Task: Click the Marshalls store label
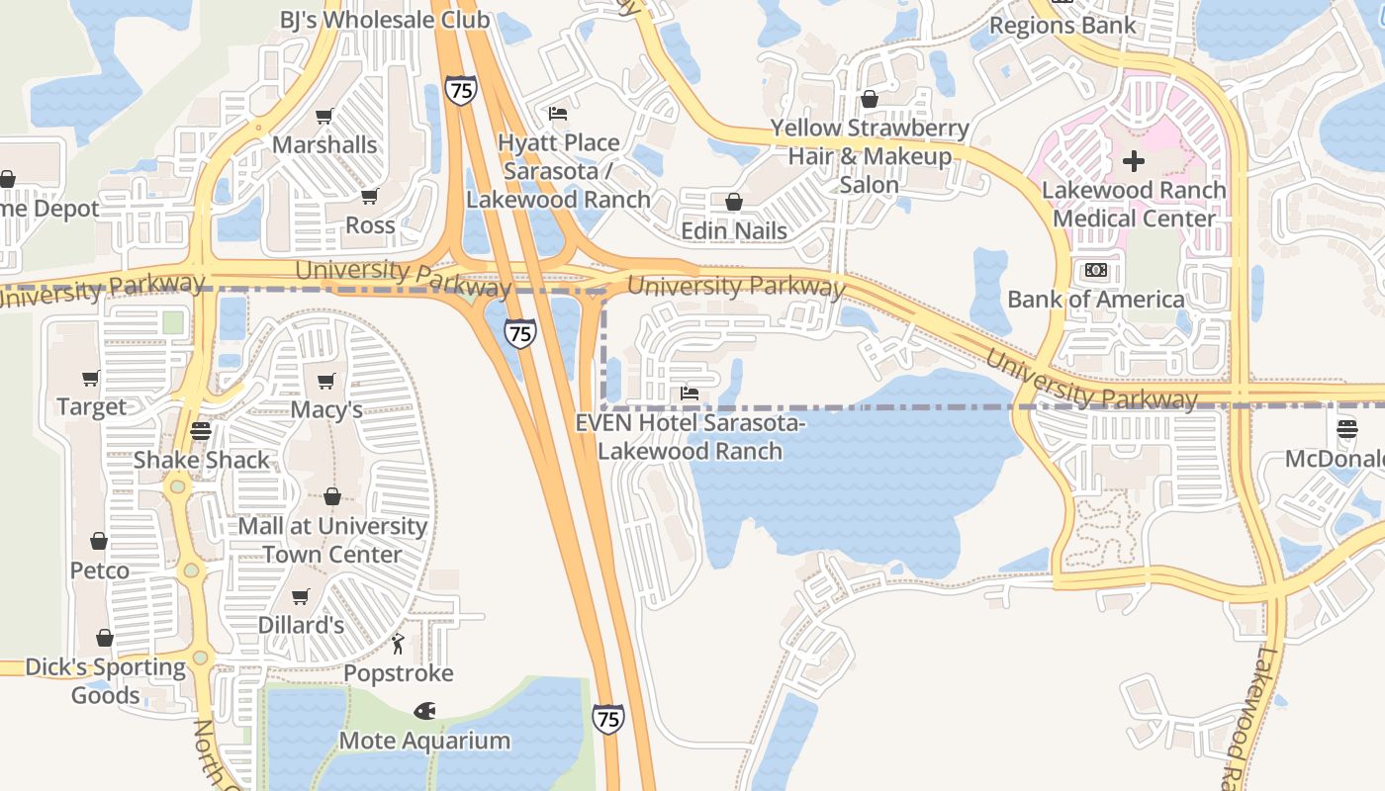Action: click(x=324, y=145)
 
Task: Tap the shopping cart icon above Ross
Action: click(x=370, y=196)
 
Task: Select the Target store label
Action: click(x=92, y=407)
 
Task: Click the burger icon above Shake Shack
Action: click(x=201, y=432)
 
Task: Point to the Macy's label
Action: click(x=326, y=409)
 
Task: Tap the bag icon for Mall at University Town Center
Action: click(x=332, y=496)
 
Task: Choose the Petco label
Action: click(x=99, y=571)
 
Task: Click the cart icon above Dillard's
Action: click(x=301, y=596)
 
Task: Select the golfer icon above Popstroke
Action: click(x=398, y=645)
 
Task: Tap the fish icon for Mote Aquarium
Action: click(x=425, y=711)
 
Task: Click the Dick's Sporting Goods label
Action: click(x=105, y=681)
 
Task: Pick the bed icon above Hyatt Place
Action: click(x=558, y=114)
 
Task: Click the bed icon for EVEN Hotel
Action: click(x=690, y=394)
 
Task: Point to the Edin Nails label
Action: click(x=734, y=231)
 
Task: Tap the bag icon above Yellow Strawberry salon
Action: click(x=870, y=99)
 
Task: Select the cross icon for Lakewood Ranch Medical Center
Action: click(x=1134, y=160)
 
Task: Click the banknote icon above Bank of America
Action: click(x=1095, y=270)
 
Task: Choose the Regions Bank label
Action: click(x=1062, y=26)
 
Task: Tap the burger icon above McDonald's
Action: click(x=1346, y=429)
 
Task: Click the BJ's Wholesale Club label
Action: click(x=384, y=20)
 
